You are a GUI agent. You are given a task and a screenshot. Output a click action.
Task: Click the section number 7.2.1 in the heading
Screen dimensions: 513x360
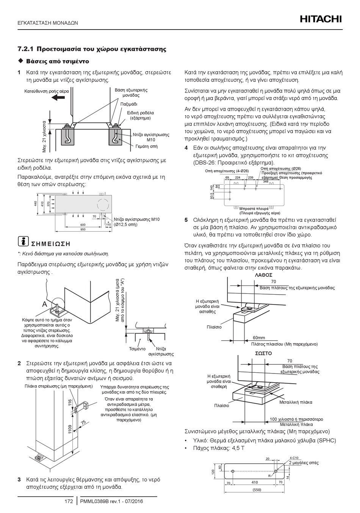click(x=25, y=49)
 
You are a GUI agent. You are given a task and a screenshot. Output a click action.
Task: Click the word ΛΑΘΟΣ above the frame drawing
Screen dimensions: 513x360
click(x=263, y=275)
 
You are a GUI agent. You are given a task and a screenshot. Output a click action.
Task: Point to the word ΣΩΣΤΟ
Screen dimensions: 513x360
click(x=263, y=353)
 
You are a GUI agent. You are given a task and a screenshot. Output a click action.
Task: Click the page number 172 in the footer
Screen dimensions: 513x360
click(x=68, y=502)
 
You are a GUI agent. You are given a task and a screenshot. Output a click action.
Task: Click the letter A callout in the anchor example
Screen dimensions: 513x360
click(x=44, y=304)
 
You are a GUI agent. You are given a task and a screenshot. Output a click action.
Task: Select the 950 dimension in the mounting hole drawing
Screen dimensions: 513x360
click(x=83, y=229)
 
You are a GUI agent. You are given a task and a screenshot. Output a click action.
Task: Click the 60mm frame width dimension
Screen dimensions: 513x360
click(x=259, y=338)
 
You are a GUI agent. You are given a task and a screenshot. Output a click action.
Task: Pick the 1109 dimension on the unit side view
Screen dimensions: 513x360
click(x=70, y=429)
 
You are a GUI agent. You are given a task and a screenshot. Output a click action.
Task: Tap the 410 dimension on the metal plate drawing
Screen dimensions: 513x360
click(x=254, y=482)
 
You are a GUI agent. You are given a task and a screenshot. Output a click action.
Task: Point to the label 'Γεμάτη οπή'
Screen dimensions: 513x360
click(x=146, y=146)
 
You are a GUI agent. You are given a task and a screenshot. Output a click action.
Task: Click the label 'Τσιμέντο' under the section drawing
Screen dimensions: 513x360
click(x=137, y=349)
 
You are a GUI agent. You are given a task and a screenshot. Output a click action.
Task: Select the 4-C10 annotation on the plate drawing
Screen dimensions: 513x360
click(x=294, y=458)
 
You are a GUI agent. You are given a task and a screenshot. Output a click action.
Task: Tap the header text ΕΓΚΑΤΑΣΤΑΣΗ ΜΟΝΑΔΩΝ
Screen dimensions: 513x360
click(x=48, y=23)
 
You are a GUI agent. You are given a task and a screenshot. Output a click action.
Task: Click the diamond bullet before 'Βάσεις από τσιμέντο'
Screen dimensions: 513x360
click(x=21, y=61)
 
